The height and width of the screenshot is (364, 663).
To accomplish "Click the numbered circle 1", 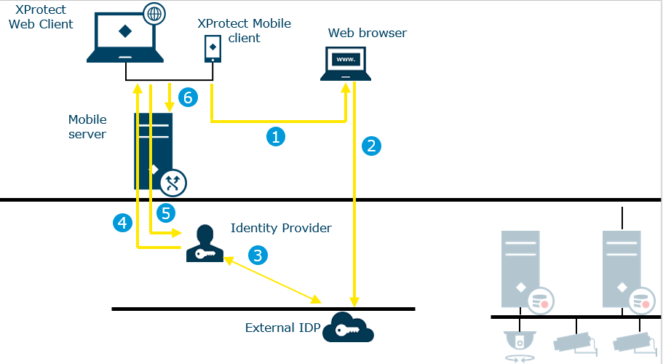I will pos(275,136).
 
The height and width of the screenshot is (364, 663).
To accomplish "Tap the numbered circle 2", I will pos(372,146).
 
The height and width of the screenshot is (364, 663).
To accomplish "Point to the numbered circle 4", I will pos(123,223).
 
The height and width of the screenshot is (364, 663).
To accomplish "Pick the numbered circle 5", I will pos(166,213).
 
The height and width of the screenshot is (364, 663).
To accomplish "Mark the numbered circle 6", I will pos(188,98).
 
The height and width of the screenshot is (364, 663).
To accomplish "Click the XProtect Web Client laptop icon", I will pos(125,36).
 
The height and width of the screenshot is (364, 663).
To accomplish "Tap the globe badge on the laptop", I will pos(154,12).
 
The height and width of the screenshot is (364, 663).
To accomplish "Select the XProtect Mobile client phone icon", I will pos(212,48).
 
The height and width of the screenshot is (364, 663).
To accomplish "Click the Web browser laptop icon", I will pos(346,61).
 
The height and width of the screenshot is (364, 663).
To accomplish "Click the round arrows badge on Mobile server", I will pos(173,183).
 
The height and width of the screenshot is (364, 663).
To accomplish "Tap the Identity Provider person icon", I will pos(205,244).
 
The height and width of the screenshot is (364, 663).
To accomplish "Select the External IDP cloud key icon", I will pos(348,327).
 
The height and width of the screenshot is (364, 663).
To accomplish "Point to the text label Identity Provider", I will pos(281,228).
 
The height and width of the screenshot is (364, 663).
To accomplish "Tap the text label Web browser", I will pos(368,33).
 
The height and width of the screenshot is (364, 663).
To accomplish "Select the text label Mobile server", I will pos(87,127).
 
